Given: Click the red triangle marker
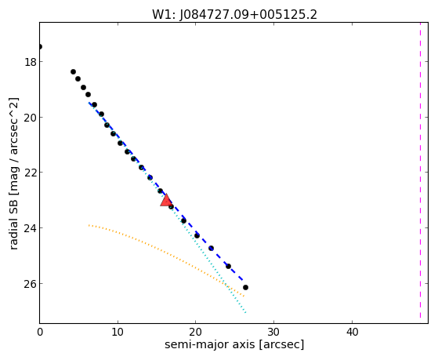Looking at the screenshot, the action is pyautogui.click(x=166, y=200).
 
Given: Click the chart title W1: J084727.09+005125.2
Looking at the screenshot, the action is pyautogui.click(x=234, y=14).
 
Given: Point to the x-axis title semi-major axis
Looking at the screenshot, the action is pyautogui.click(x=234, y=344).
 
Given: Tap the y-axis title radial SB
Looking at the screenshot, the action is pyautogui.click(x=13, y=173).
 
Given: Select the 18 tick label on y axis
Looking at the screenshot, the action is pyautogui.click(x=31, y=62).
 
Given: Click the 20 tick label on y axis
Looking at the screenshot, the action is pyautogui.click(x=31, y=118).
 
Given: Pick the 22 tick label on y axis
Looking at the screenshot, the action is pyautogui.click(x=31, y=173).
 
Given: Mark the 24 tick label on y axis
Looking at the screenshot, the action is pyautogui.click(x=31, y=228).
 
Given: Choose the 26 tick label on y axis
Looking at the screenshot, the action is pyautogui.click(x=31, y=284).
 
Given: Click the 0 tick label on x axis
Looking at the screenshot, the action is pyautogui.click(x=40, y=332).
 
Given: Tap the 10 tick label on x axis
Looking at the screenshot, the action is pyautogui.click(x=118, y=332).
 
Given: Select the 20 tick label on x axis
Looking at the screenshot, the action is pyautogui.click(x=196, y=332).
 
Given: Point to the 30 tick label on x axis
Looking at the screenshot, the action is pyautogui.click(x=273, y=332).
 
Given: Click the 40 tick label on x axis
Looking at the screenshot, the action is pyautogui.click(x=352, y=332).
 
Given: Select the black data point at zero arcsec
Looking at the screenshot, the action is pyautogui.click(x=40, y=47).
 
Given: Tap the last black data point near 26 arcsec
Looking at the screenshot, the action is pyautogui.click(x=245, y=288).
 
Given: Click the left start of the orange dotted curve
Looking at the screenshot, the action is pyautogui.click(x=89, y=225).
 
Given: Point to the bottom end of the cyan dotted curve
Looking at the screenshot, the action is pyautogui.click(x=245, y=312).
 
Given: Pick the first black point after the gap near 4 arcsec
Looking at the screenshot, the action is pyautogui.click(x=73, y=72).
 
